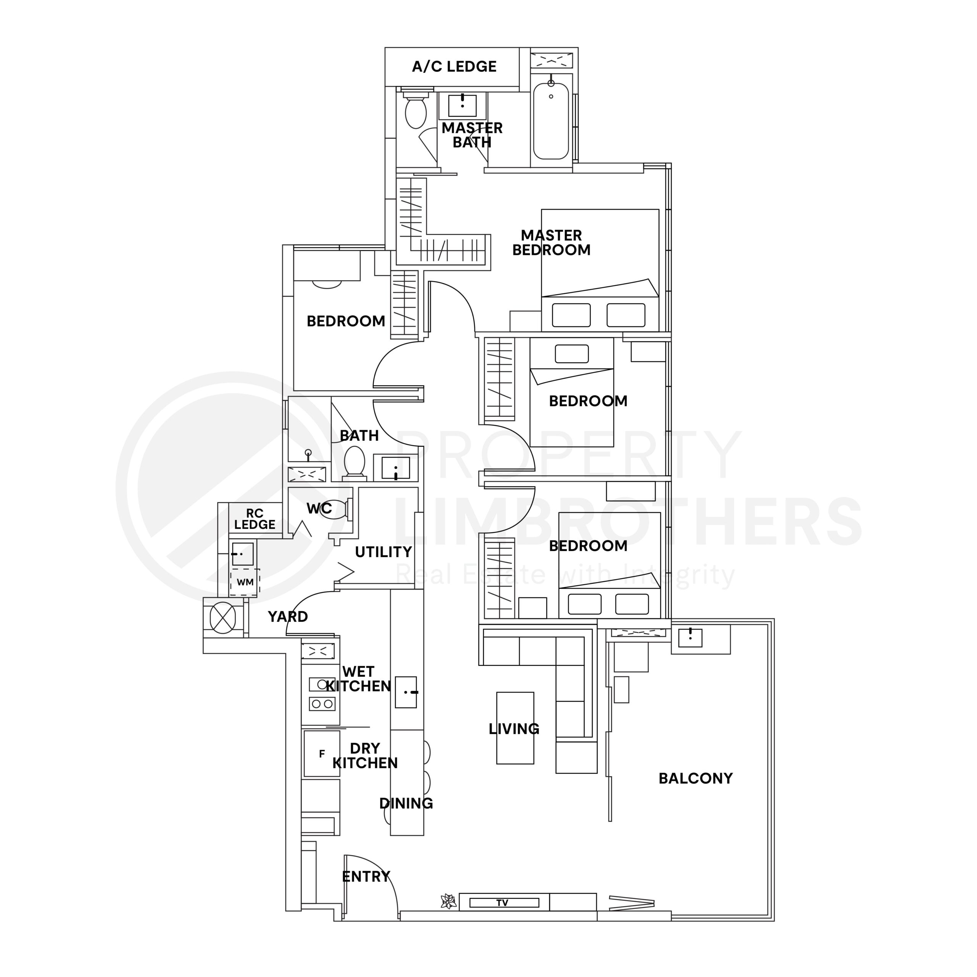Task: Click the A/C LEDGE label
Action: point(454,66)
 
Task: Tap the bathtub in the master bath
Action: point(551,121)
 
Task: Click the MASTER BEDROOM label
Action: point(551,242)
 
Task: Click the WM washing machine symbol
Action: point(245,582)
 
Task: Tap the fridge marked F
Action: point(322,754)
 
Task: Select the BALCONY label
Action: point(695,778)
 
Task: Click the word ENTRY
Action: point(366,876)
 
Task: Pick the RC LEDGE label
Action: point(255,519)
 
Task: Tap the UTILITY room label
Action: point(383,552)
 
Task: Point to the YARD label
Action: point(287,616)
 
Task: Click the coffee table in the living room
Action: point(515,728)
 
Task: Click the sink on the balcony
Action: point(690,637)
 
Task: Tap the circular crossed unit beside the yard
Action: point(222,617)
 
